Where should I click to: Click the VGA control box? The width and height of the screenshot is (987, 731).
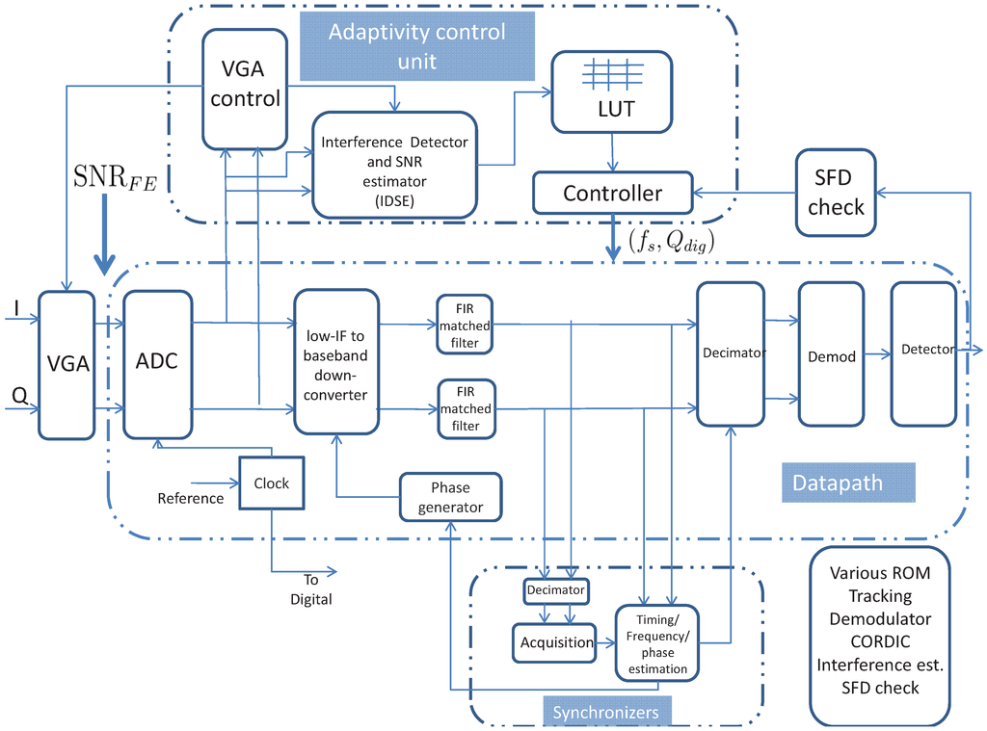245,88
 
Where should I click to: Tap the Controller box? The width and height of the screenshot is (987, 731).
612,194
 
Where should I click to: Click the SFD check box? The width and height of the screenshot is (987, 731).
836,193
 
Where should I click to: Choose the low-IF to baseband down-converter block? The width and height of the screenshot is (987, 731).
335,360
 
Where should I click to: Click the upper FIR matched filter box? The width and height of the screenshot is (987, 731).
465,324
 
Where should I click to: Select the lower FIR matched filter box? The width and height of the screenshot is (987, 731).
465,409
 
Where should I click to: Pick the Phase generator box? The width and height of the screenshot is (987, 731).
450,498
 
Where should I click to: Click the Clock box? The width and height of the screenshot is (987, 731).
271,483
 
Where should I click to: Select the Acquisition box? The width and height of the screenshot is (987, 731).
556,642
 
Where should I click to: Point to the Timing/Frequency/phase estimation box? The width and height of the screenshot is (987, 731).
656,643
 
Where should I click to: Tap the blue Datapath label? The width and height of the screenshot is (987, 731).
837,483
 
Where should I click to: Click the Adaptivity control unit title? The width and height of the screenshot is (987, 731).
416,46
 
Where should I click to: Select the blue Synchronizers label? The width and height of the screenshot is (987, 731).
605,712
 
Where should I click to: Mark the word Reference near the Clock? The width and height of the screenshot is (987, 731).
190,498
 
